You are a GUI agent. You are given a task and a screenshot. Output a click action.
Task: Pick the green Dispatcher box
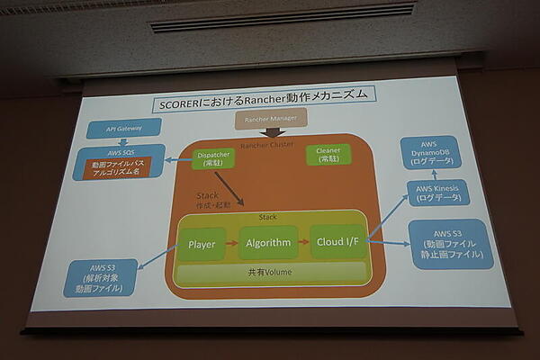[213, 158]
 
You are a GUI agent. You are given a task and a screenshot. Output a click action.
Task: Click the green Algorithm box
[267, 243]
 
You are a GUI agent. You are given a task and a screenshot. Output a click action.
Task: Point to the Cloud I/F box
[337, 242]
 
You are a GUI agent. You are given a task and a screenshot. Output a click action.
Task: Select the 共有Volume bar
[270, 272]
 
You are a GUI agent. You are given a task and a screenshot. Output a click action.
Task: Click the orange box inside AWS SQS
[118, 167]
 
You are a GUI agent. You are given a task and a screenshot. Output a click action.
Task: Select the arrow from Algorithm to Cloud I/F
[302, 243]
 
